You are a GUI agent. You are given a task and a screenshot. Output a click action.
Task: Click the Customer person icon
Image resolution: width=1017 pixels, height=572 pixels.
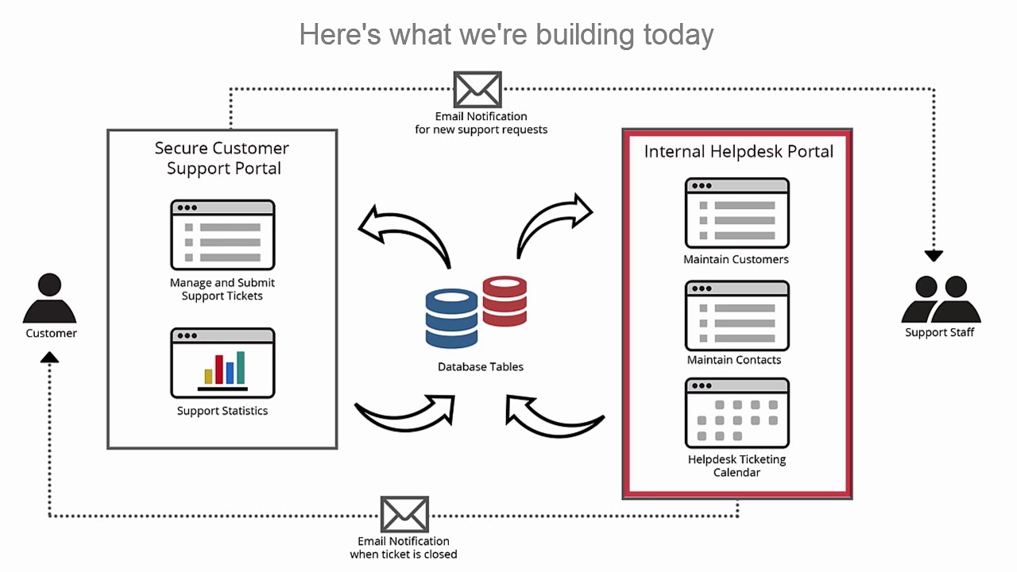[x=49, y=299]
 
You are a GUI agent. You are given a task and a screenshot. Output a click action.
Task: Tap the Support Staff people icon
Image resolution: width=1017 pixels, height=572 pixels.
[x=941, y=299]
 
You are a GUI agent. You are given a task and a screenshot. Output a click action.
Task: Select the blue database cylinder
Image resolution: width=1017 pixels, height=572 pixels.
[x=452, y=319]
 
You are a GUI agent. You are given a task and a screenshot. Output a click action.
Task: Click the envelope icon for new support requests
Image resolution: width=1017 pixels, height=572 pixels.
[x=478, y=89]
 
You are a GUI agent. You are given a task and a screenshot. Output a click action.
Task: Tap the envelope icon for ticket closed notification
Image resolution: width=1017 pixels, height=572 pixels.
[x=404, y=515]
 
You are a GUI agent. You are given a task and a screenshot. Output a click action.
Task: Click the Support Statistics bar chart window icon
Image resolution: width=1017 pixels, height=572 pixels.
[x=222, y=363]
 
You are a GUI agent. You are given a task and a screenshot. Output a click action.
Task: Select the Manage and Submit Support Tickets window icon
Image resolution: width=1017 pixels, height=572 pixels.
[x=222, y=235]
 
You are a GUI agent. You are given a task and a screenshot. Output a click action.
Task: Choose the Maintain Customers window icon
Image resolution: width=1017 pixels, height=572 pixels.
[x=737, y=213]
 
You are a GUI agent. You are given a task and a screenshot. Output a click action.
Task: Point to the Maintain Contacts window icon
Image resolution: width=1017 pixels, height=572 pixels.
[x=737, y=315]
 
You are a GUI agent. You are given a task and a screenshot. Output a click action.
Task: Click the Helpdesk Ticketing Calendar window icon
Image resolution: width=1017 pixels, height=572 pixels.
[x=737, y=413]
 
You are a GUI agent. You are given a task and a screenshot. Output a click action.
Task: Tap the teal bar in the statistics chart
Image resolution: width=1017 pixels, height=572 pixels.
[x=241, y=368]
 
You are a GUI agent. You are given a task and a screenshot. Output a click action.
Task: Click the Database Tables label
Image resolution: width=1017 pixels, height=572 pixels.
[x=481, y=367]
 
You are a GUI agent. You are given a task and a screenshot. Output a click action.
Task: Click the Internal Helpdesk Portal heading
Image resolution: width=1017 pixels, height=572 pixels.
[x=738, y=152]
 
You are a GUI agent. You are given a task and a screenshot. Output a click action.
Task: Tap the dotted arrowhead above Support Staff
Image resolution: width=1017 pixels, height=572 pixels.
[x=934, y=256]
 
